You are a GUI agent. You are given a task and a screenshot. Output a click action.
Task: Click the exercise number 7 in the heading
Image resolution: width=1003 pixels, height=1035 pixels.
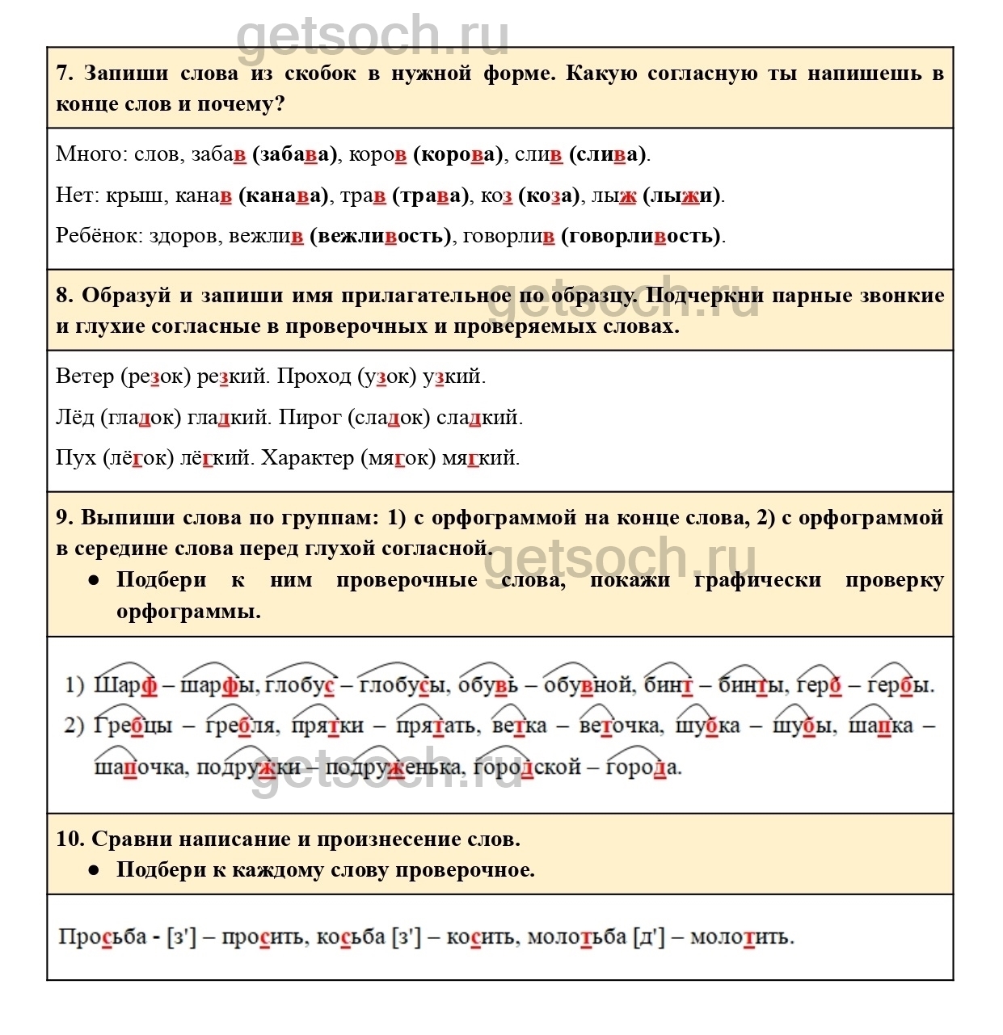coord(64,74)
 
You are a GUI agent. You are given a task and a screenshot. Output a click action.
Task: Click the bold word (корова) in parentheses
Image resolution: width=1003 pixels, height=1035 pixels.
coord(457,154)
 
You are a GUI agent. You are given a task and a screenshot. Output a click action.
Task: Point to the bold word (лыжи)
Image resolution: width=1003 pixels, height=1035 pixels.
coord(682,196)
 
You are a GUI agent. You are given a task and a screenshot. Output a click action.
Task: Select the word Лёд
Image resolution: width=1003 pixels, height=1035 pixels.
coord(75,418)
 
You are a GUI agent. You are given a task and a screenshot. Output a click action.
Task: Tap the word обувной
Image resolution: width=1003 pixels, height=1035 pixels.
coord(588,685)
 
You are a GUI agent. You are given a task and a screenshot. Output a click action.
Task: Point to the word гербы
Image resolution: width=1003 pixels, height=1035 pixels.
coord(900,685)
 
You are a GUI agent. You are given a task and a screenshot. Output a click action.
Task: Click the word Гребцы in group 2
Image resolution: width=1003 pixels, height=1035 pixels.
coord(133,726)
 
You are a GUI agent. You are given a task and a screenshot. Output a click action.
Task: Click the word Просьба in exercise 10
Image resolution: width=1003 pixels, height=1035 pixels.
coord(103,937)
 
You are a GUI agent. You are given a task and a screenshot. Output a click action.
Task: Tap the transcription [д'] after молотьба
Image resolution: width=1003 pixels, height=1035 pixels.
coord(649,937)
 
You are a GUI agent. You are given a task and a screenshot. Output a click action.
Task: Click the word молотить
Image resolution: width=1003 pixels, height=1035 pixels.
coord(741,937)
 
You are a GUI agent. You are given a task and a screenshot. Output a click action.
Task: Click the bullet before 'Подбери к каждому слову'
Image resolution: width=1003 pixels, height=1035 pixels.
coord(95,870)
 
